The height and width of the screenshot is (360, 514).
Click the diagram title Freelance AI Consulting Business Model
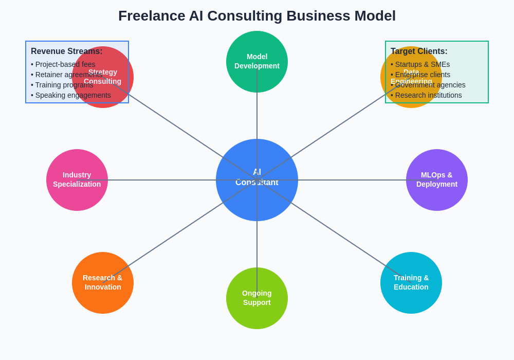click(257, 16)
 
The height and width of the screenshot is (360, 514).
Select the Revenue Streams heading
click(67, 51)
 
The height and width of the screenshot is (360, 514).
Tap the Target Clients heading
click(419, 51)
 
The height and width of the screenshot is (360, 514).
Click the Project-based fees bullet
click(63, 64)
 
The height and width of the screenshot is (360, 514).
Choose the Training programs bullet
click(62, 85)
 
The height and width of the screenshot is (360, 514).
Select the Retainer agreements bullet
click(67, 75)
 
